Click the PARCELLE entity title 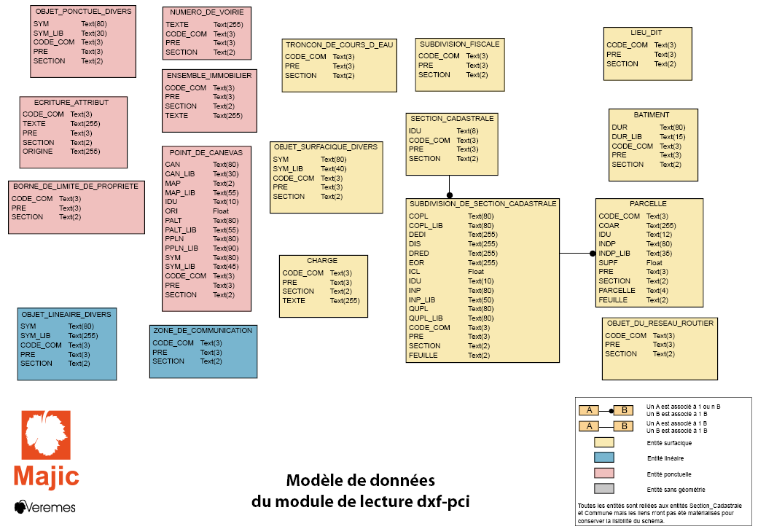[x=648, y=204]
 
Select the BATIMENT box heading [x=651, y=115]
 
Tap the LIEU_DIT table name [x=646, y=33]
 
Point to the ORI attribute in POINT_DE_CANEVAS [x=171, y=211]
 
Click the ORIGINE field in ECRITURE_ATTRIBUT [x=38, y=152]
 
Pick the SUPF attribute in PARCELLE [x=608, y=263]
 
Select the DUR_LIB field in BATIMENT [x=627, y=137]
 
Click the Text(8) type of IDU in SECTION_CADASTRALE [x=467, y=131]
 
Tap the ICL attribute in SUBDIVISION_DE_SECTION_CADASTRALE [x=414, y=272]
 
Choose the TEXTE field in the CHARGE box [x=294, y=300]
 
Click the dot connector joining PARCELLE [x=593, y=253]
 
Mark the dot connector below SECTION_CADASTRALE [x=450, y=195]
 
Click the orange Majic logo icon [x=46, y=435]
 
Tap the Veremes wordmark [x=45, y=507]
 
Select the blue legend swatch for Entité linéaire [x=603, y=458]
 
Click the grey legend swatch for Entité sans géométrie [x=603, y=488]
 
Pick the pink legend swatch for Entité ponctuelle [x=603, y=473]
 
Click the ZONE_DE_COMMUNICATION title [x=203, y=331]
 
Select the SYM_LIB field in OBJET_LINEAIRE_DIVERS [x=35, y=335]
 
